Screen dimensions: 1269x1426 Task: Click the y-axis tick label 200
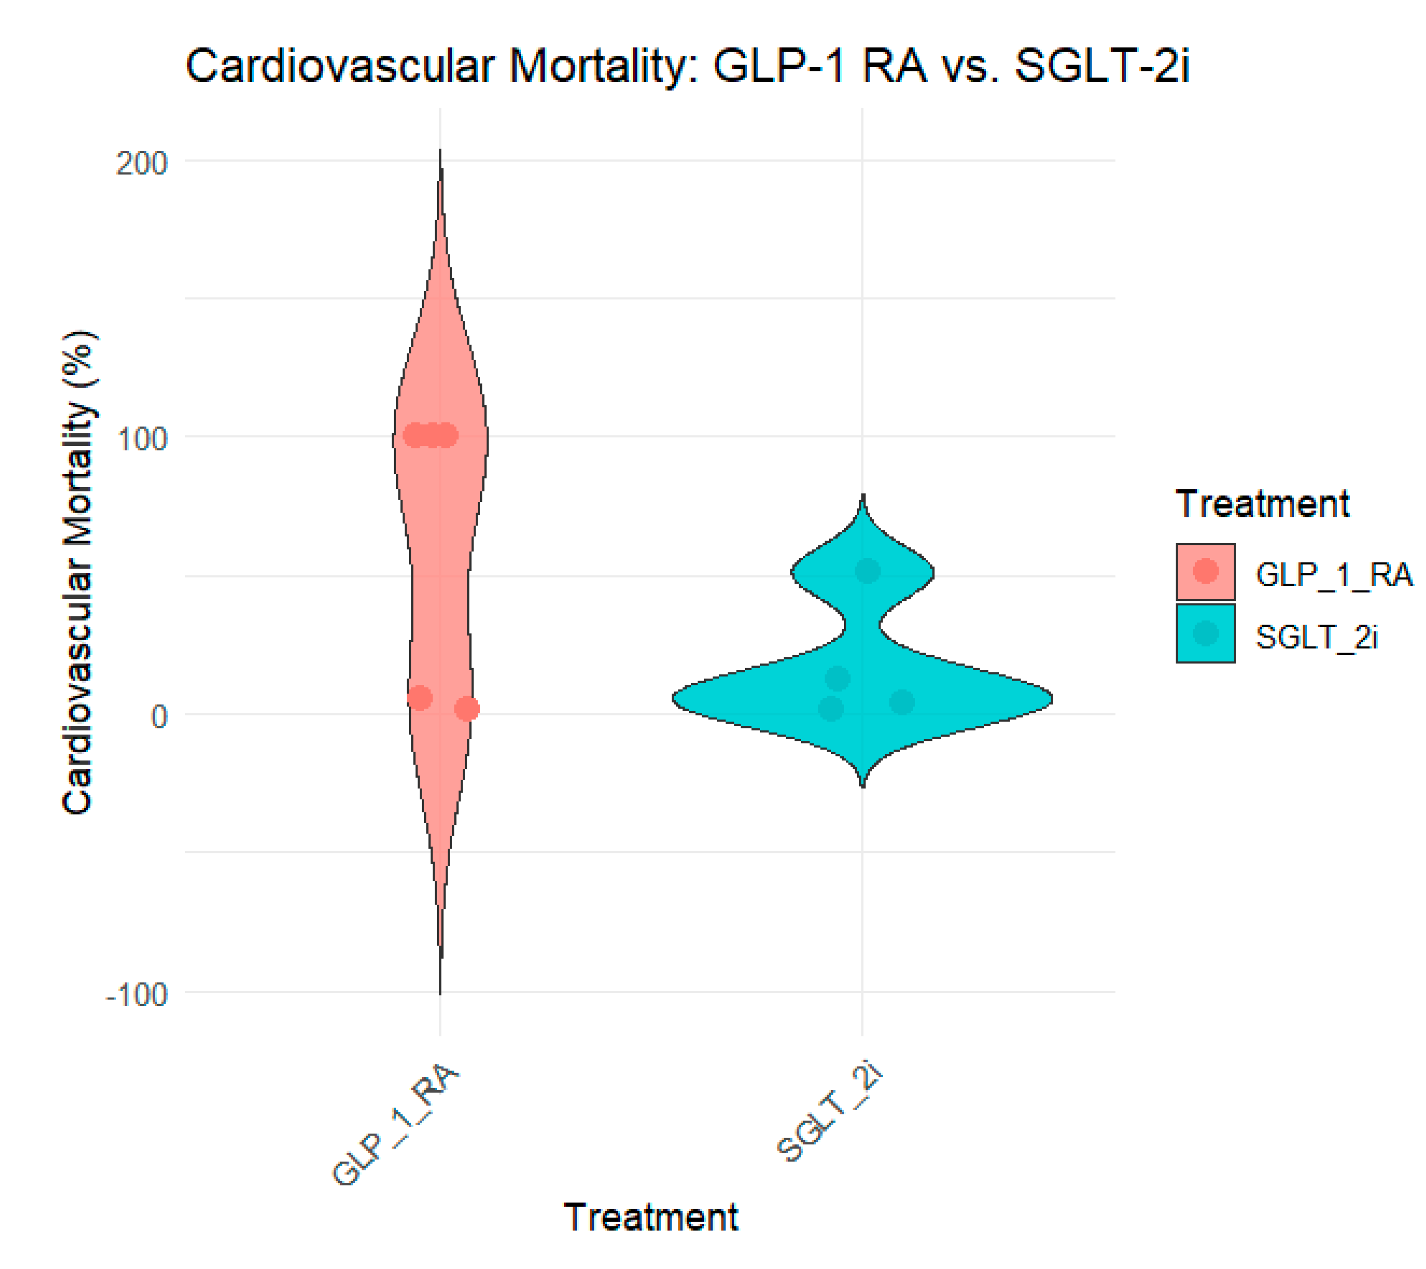click(x=142, y=165)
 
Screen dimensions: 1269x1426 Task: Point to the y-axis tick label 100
click(x=142, y=439)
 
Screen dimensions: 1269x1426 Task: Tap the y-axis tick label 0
click(x=159, y=716)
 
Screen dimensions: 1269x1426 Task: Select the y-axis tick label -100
click(x=137, y=994)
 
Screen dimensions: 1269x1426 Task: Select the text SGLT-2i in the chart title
click(x=1102, y=66)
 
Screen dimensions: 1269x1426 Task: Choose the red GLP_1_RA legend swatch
click(x=1205, y=571)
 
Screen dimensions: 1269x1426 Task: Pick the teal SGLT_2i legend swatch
click(x=1205, y=633)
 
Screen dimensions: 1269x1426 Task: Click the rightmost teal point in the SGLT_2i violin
click(x=901, y=702)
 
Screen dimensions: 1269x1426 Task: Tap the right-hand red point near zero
click(x=467, y=709)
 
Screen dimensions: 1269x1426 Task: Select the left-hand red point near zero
click(x=419, y=697)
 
